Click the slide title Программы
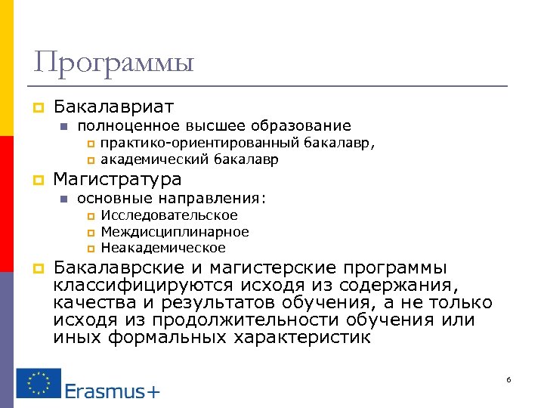[x=113, y=62]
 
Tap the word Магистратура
[x=117, y=180]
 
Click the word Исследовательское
[x=168, y=216]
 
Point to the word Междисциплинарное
[x=175, y=232]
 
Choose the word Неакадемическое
[x=163, y=248]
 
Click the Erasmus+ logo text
[x=112, y=390]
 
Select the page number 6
[x=508, y=379]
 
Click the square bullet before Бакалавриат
[x=37, y=107]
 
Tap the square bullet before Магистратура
[x=37, y=181]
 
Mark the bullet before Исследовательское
[x=91, y=217]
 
